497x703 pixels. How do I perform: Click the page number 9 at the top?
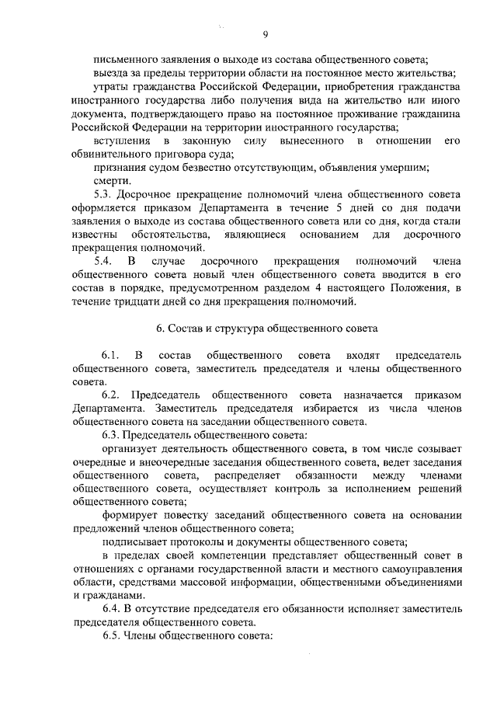pos(266,33)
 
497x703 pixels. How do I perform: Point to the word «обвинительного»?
pos(109,154)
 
